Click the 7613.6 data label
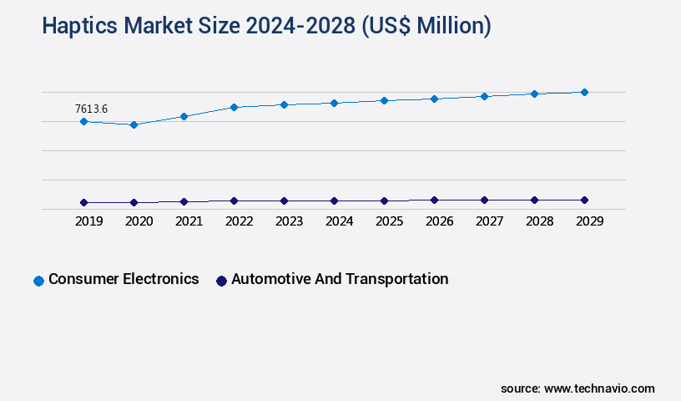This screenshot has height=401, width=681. point(91,109)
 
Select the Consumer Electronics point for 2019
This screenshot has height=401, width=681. point(83,121)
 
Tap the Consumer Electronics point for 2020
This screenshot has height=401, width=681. point(134,124)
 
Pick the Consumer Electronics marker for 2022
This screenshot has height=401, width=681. point(234,107)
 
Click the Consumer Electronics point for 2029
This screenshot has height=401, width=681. point(584,92)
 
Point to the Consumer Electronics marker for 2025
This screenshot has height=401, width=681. point(384,100)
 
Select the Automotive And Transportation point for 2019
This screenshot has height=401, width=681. point(83,202)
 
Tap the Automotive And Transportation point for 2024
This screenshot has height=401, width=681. point(334,200)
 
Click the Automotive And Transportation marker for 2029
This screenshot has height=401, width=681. point(584,200)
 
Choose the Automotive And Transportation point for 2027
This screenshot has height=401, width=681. point(484,200)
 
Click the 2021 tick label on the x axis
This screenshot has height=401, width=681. point(189,221)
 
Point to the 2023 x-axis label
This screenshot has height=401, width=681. point(289,221)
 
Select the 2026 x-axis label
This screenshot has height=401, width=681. point(439,221)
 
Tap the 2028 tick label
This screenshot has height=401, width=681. point(539,221)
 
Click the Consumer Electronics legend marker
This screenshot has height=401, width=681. point(38,281)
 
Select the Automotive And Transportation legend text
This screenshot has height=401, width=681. point(339,279)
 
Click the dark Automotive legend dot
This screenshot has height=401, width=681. point(221,281)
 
